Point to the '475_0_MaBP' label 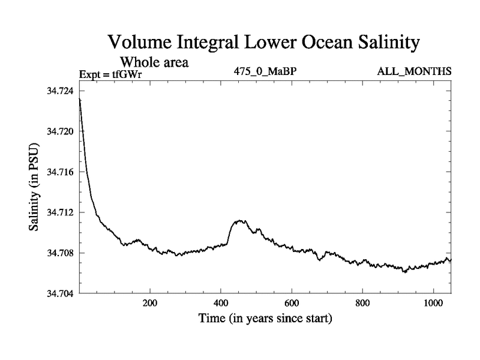click(x=265, y=71)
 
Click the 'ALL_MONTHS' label click(x=414, y=71)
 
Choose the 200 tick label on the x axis click(x=150, y=304)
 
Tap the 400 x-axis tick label click(x=221, y=304)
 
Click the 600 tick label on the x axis click(x=292, y=304)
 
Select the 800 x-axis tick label click(x=362, y=304)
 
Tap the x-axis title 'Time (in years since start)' click(x=265, y=319)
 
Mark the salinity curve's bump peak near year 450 click(x=240, y=221)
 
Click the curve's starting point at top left click(x=80, y=98)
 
